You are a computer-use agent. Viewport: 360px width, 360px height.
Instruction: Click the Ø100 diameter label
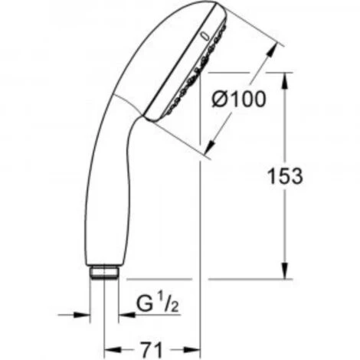[x=239, y=99]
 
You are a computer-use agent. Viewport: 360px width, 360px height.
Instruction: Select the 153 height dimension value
[x=285, y=176]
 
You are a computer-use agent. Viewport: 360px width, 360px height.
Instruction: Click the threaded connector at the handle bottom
[x=105, y=273]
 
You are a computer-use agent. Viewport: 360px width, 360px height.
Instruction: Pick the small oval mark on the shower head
[x=205, y=37]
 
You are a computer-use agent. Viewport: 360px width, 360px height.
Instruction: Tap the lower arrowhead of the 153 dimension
[x=285, y=270]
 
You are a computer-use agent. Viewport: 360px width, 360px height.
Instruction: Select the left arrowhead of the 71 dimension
[x=113, y=349]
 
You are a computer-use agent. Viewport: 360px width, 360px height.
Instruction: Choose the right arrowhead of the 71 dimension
[x=192, y=349]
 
